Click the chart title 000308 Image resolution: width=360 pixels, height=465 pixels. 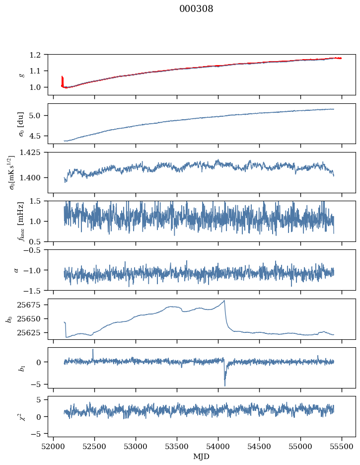pos(196,9)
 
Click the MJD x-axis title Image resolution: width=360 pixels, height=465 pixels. pos(202,457)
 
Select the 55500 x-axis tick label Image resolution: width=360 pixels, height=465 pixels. pos(342,446)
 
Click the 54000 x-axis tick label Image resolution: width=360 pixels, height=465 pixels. pos(218,446)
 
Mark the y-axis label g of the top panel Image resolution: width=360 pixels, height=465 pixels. pos(21,75)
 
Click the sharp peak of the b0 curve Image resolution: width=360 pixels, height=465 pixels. pos(224,301)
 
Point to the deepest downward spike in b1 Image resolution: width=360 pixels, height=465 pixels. pos(224,386)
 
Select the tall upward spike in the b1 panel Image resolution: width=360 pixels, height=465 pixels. pos(93,349)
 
